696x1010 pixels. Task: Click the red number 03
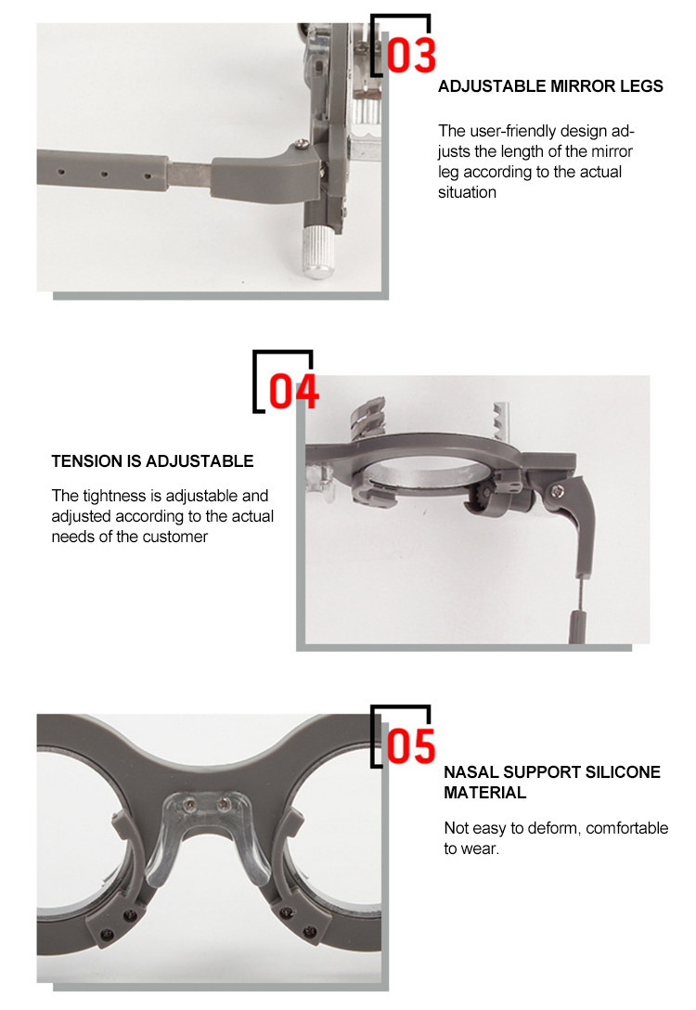[x=411, y=55]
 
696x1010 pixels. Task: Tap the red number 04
[x=293, y=391]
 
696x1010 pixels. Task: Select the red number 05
[x=411, y=746]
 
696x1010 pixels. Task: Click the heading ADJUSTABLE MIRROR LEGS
[x=550, y=86]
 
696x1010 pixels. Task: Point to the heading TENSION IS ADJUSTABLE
[x=152, y=461]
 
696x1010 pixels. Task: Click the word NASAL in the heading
[x=470, y=772]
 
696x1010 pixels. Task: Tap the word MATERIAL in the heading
[x=484, y=793]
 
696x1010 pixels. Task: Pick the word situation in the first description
[x=468, y=192]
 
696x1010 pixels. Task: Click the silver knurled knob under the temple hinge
[x=317, y=252]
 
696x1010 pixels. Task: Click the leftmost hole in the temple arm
[x=60, y=172]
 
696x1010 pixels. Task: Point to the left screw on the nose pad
[x=189, y=804]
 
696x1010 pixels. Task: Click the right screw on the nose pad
[x=224, y=804]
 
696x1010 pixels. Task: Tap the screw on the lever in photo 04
[x=558, y=491]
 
